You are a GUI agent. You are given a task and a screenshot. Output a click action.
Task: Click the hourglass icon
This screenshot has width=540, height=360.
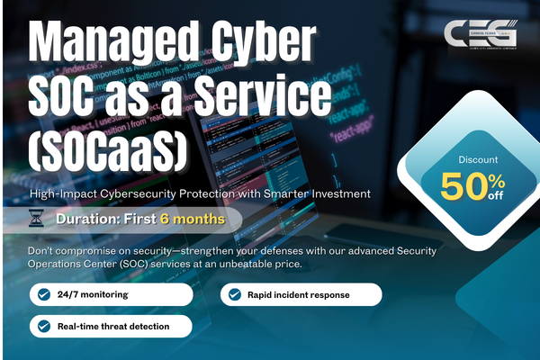[x=37, y=219]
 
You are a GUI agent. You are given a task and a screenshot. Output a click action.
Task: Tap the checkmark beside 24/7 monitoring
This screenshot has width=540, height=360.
[x=43, y=294]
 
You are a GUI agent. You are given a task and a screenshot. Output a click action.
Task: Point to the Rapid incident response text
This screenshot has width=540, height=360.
[x=299, y=294]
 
